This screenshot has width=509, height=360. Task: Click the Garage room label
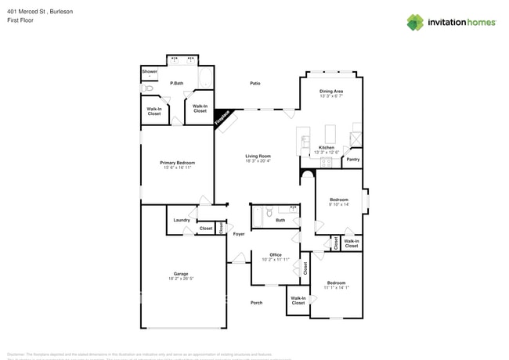point(180,273)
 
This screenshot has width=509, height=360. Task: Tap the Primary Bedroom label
point(177,163)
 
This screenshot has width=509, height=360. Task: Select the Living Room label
point(258,156)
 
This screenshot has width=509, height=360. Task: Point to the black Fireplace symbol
point(223,117)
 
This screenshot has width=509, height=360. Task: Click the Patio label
point(255,83)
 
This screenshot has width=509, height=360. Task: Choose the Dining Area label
point(331,92)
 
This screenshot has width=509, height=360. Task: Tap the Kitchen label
point(327,147)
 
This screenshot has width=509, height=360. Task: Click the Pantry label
point(352,159)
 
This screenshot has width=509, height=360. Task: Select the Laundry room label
point(182,220)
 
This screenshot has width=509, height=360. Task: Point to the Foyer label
point(239,234)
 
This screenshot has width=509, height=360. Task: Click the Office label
point(276,254)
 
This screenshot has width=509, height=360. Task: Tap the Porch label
point(256,303)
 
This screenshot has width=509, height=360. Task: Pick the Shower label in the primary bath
point(149,72)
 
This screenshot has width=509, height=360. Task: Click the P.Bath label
point(176,83)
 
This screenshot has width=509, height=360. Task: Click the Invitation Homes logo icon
point(415,22)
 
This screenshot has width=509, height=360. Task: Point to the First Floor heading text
point(20,20)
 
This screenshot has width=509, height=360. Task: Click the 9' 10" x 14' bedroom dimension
point(338,204)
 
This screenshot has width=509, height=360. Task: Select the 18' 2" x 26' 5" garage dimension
point(180,279)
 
